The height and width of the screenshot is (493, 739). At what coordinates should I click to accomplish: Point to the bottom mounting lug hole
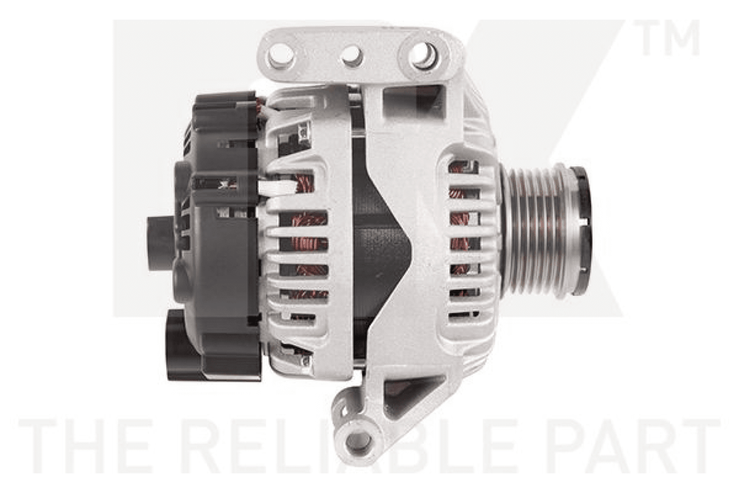coord(358,441)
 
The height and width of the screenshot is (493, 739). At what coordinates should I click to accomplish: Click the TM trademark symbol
coord(670,38)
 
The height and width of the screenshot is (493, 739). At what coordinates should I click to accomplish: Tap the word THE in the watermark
coord(85,446)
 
